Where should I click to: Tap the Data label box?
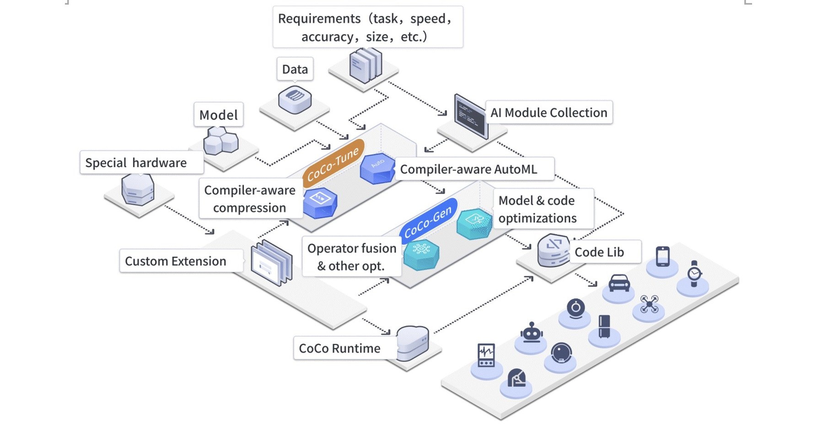coord(295,69)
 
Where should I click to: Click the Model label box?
coord(219,115)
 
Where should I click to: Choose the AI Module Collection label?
coord(548,113)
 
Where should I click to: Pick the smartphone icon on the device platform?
coord(662,256)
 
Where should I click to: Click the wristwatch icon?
coord(694,273)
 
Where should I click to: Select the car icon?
coord(619,283)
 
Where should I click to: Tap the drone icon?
coord(649,304)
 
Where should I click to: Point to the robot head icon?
coord(532,333)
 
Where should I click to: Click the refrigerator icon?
coord(604,326)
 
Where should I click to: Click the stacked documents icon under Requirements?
coord(365,65)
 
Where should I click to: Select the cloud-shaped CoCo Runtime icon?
coord(412,342)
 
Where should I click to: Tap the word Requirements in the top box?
coord(319,19)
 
